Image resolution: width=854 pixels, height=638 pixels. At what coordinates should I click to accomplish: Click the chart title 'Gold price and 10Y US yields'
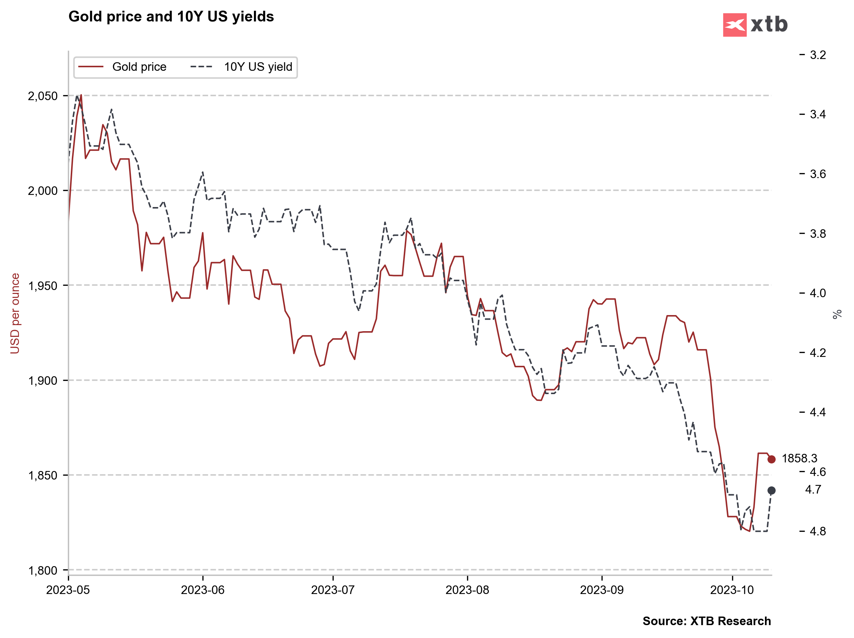pos(171,16)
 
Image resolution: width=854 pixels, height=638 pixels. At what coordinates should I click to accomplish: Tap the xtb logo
pos(755,25)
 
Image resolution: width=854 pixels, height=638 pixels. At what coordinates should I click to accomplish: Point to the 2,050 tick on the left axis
pos(43,96)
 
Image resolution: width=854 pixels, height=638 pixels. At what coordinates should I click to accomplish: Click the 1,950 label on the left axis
pos(43,286)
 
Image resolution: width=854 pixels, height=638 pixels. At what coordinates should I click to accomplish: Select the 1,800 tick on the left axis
pos(43,570)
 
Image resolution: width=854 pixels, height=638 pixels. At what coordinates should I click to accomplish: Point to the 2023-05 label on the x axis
pos(68,590)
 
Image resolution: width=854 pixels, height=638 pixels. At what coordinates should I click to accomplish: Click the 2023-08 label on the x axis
pos(467,590)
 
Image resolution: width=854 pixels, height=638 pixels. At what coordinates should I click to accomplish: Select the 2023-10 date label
pos(732,590)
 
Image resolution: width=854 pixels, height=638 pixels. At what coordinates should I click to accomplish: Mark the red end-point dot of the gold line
pos(771,459)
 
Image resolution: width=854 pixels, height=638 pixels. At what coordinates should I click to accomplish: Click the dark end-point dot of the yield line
pos(771,491)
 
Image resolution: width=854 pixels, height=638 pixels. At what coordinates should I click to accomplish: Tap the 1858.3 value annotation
pos(799,458)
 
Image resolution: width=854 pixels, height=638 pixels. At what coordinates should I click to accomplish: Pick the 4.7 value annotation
pos(813,489)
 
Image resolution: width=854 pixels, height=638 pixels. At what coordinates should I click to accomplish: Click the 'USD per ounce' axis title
pos(15,313)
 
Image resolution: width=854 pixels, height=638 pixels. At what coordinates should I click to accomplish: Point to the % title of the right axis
pos(837,314)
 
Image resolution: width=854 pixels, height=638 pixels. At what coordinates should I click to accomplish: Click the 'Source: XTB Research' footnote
pos(707,621)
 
